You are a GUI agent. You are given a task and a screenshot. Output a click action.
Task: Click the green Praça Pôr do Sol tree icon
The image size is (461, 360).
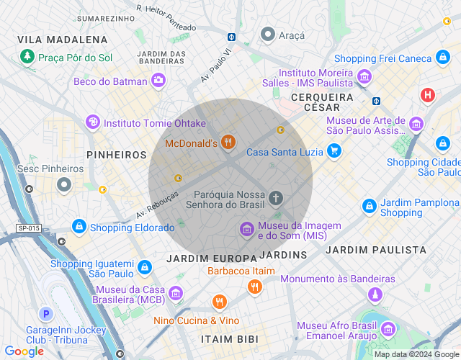pyautogui.click(x=27, y=55)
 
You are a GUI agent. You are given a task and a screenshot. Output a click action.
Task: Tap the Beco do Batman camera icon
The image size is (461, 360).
pyautogui.click(x=158, y=81)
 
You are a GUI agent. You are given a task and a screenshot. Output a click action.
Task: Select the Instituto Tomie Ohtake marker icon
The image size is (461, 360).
pyautogui.click(x=92, y=123)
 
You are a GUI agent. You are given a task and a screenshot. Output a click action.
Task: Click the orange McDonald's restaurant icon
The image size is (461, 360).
pyautogui.click(x=228, y=143)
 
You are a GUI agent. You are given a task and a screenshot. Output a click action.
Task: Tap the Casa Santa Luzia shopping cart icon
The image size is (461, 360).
pyautogui.click(x=334, y=151)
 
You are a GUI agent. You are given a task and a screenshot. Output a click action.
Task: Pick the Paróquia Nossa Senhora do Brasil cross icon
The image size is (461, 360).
pyautogui.click(x=276, y=198)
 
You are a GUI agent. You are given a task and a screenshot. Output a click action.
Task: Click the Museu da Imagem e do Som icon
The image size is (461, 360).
pyautogui.click(x=246, y=230)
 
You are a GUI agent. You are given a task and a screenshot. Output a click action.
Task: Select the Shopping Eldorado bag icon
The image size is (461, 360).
pyautogui.click(x=79, y=228)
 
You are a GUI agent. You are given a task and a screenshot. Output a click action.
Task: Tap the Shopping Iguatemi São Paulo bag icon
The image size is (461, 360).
pyautogui.click(x=146, y=268)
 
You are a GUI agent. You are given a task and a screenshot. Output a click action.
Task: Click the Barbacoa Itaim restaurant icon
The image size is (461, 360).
pyautogui.click(x=254, y=287)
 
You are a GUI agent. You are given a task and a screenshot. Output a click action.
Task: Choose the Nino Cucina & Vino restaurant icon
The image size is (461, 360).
pyautogui.click(x=220, y=302)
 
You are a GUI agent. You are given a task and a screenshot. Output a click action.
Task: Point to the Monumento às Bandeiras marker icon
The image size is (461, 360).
pyautogui.click(x=375, y=294)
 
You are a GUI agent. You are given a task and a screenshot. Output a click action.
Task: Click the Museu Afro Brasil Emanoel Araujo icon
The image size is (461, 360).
pyautogui.click(x=388, y=330)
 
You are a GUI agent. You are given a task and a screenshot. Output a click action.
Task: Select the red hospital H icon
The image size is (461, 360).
pyautogui.click(x=429, y=95)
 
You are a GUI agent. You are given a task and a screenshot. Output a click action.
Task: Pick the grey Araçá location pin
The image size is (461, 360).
pyautogui.click(x=268, y=34)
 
